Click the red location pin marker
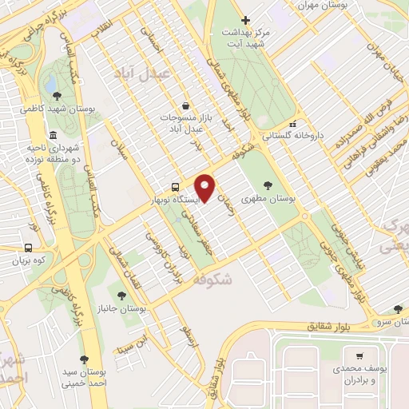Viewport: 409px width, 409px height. [205, 189]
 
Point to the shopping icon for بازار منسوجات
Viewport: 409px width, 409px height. [186, 105]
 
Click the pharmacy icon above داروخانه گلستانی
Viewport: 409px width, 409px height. [292, 125]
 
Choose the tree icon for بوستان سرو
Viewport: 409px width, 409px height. [398, 309]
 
